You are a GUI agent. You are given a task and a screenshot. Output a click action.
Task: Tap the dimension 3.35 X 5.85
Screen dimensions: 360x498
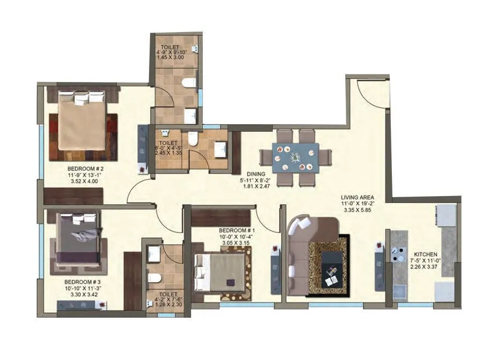pos(356,211)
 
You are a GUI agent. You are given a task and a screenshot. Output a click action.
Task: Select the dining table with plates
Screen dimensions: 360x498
pos(295,158)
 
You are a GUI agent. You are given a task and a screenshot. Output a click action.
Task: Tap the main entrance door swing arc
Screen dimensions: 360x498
pos(370,91)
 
